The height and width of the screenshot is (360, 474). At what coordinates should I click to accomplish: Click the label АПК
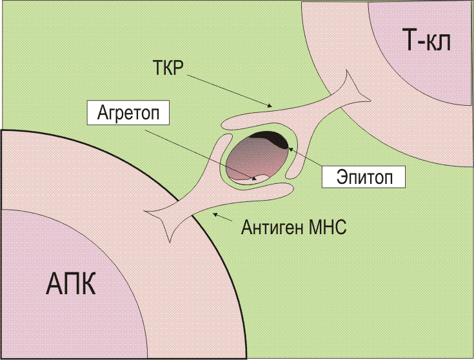[x=71, y=283]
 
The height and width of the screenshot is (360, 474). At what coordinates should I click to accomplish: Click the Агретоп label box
[x=128, y=113]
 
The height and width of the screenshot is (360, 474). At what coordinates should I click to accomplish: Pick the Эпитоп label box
[x=363, y=177]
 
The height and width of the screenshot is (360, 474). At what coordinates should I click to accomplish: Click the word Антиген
[x=272, y=227]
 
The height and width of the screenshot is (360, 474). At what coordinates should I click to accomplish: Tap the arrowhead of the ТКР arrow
[x=269, y=106]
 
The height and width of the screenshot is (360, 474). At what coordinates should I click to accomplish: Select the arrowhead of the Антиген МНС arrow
[x=215, y=214]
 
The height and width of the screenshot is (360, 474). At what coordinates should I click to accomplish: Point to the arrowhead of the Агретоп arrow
[x=255, y=179]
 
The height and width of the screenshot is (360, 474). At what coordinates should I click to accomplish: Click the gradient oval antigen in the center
[x=257, y=157]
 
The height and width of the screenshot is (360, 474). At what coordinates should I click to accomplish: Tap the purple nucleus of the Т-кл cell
[x=430, y=45]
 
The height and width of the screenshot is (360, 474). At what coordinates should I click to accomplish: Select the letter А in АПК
[x=54, y=283]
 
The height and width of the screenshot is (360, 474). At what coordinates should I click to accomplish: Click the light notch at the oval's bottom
[x=262, y=177]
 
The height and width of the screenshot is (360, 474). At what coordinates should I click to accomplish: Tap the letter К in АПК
[x=88, y=283]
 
